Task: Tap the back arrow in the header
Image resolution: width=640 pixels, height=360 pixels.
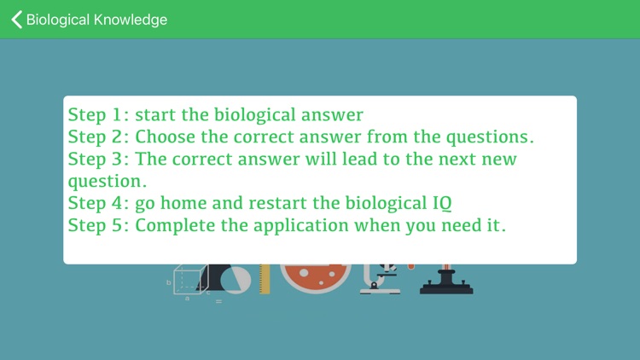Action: [x=16, y=19]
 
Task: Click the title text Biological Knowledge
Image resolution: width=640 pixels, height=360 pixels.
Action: [x=96, y=19]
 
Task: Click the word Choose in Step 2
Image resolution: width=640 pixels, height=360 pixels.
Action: [x=170, y=136]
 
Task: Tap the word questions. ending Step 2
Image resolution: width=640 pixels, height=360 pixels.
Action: [x=501, y=136]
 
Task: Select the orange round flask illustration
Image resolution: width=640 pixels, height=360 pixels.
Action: [x=315, y=277]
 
